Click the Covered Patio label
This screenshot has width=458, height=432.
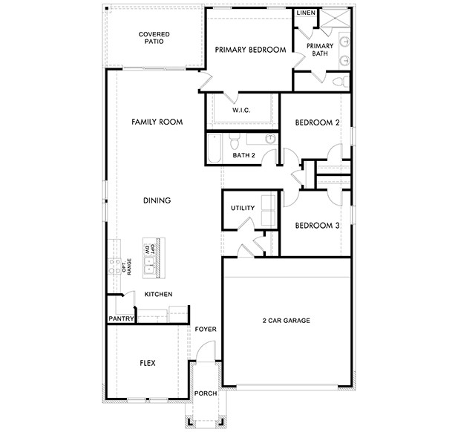click(x=154, y=37)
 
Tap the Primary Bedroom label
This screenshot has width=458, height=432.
click(x=250, y=50)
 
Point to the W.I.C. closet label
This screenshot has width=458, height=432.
click(x=241, y=111)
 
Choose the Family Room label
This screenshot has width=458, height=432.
click(x=157, y=122)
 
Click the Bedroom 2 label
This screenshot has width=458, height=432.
click(x=317, y=122)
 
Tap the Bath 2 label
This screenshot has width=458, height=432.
click(x=243, y=156)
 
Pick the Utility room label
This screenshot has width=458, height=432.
click(x=243, y=208)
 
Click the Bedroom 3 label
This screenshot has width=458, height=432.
click(x=317, y=226)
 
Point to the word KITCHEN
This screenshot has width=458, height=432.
click(x=158, y=295)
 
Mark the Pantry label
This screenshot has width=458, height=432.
click(x=120, y=319)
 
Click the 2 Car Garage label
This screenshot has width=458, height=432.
click(x=286, y=321)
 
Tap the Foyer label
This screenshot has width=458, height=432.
click(x=205, y=329)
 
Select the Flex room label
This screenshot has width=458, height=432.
click(x=147, y=363)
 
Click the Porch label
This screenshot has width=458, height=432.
click(x=204, y=393)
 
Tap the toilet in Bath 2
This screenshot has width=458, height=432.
click(x=233, y=139)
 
